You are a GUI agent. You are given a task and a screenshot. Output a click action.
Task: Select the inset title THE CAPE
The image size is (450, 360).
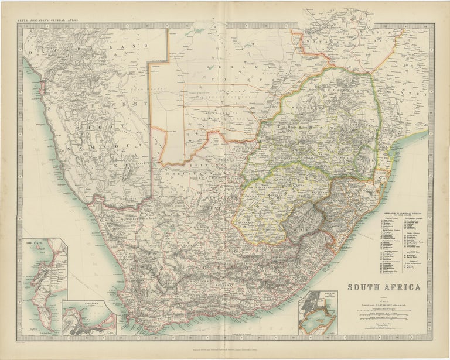(33, 241)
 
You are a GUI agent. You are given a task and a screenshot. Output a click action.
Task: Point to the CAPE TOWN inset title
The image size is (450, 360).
(73, 304)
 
